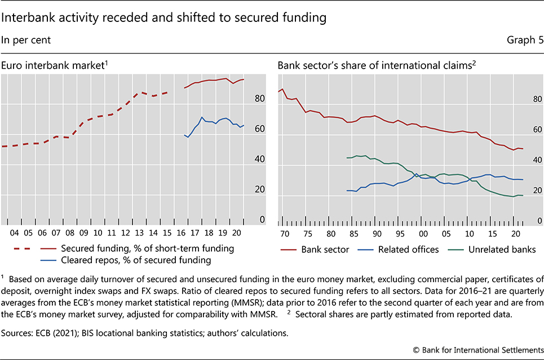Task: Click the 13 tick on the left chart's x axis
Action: tap(140, 233)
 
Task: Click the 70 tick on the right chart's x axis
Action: tap(285, 233)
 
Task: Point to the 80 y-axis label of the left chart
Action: tap(259, 99)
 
